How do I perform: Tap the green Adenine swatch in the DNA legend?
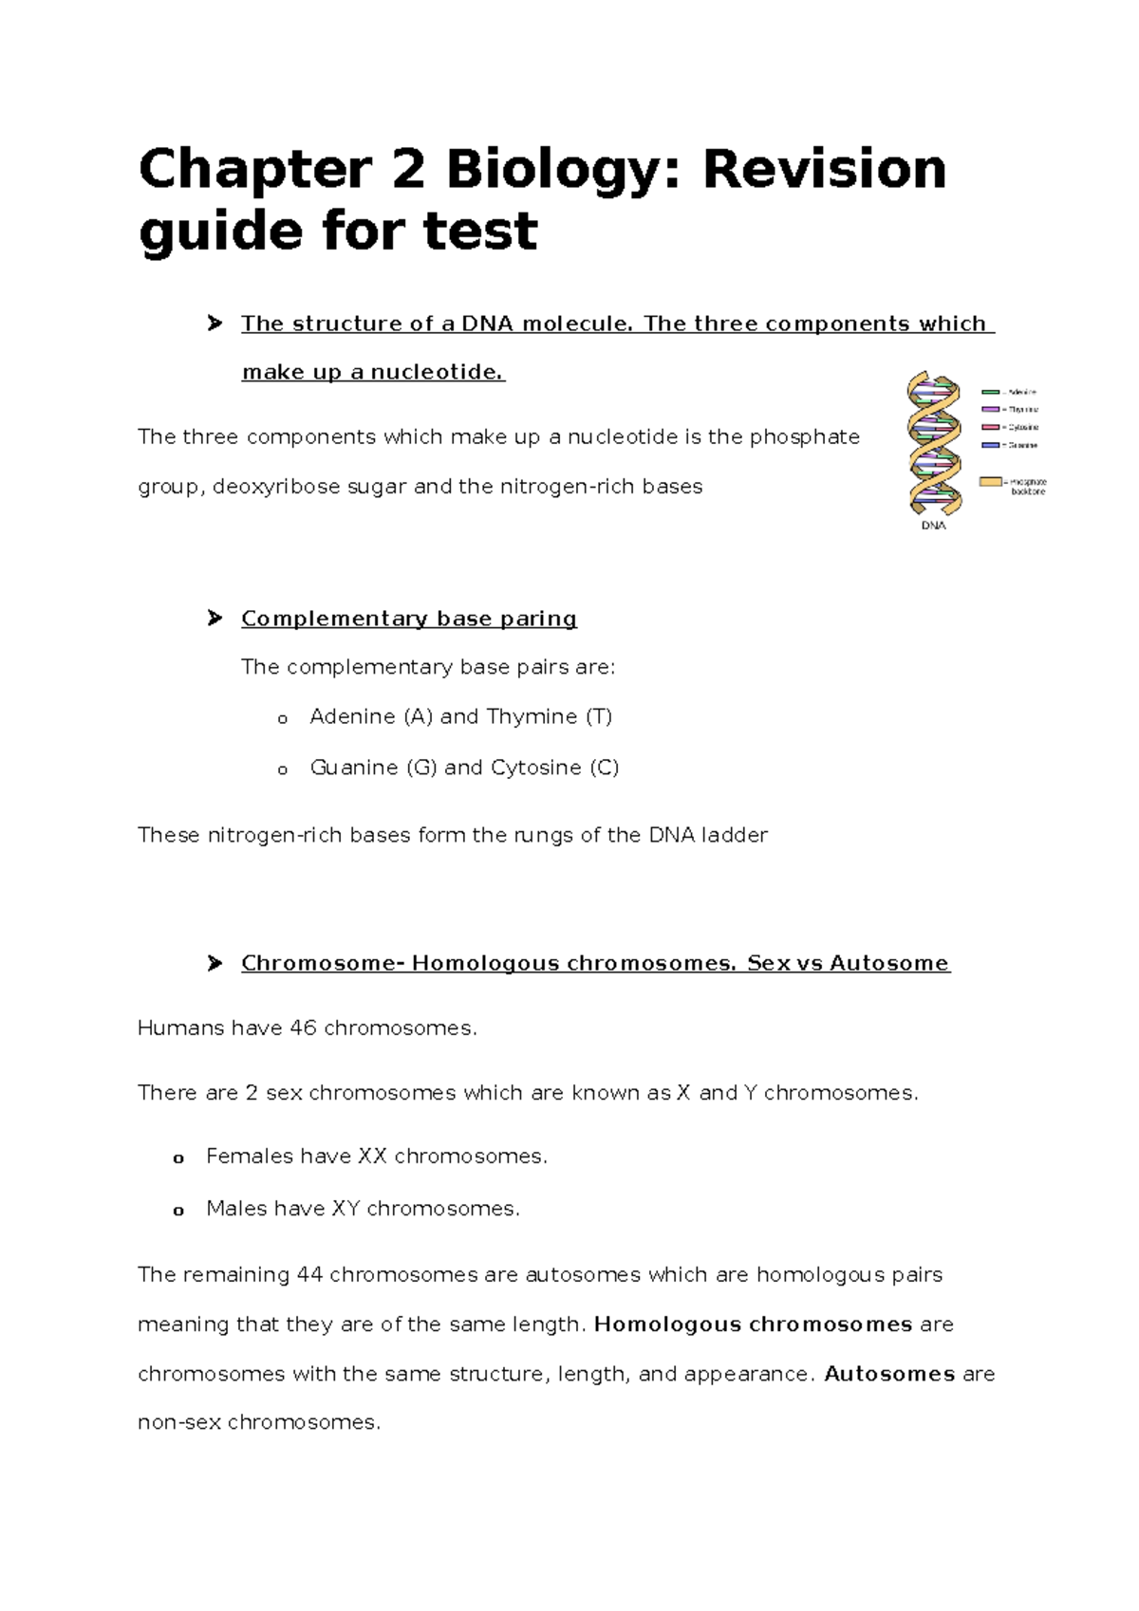click(x=990, y=392)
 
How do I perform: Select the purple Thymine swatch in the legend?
click(x=990, y=410)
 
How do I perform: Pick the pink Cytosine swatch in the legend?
click(x=990, y=428)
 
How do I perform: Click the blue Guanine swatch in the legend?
click(x=990, y=445)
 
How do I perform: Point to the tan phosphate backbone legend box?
click(x=990, y=482)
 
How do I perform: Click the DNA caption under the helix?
click(x=933, y=526)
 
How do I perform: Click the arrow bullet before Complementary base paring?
click(x=215, y=619)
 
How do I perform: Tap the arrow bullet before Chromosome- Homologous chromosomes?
click(x=215, y=963)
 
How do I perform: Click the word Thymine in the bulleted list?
click(x=532, y=716)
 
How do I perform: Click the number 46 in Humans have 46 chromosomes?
click(x=303, y=1028)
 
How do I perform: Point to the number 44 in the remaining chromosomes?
click(x=309, y=1274)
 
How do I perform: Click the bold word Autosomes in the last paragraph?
click(x=888, y=1374)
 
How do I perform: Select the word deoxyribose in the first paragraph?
click(x=276, y=487)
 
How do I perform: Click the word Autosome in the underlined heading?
click(x=888, y=963)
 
